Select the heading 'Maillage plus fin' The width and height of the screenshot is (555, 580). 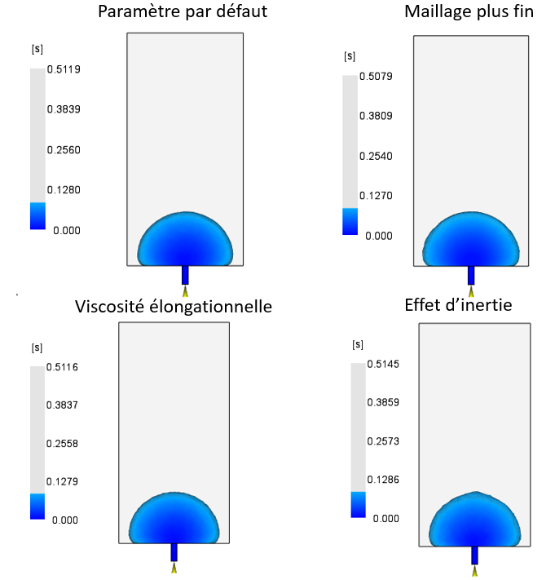(x=469, y=13)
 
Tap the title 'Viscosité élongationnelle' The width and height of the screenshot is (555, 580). (x=174, y=307)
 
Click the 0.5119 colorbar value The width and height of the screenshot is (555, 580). (x=68, y=69)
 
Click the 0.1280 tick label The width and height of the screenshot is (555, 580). (x=68, y=190)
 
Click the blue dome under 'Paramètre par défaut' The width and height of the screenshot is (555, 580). (x=185, y=241)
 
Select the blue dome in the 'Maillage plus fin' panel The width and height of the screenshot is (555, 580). (x=471, y=241)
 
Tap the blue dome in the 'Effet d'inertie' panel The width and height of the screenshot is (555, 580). (x=475, y=522)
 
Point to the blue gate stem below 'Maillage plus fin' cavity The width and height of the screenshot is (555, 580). (x=471, y=275)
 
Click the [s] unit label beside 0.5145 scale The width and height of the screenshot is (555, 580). (x=356, y=344)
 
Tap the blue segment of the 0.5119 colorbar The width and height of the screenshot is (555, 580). (x=37, y=215)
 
